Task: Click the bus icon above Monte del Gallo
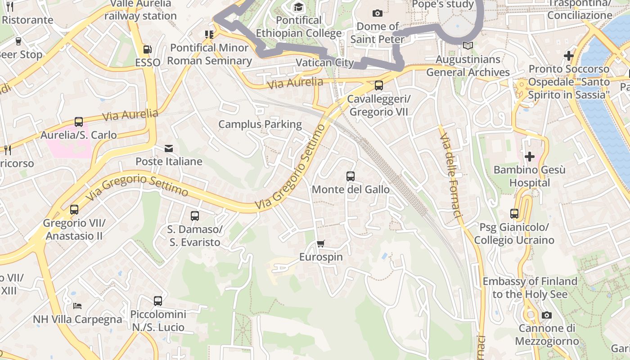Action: (x=351, y=176)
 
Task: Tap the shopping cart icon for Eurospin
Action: (x=320, y=244)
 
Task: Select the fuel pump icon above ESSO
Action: (x=147, y=49)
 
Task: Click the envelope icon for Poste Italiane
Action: (x=169, y=148)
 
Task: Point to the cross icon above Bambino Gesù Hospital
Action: (x=530, y=157)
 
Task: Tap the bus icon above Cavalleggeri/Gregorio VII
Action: (x=379, y=85)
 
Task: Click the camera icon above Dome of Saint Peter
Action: (x=378, y=13)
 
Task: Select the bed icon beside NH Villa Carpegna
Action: (x=77, y=306)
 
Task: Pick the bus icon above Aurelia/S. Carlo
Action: (x=79, y=122)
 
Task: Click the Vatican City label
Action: (x=325, y=63)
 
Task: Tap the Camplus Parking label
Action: (x=260, y=124)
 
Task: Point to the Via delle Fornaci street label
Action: (x=451, y=175)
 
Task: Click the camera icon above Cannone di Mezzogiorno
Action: (x=546, y=315)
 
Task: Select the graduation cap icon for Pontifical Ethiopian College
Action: (x=298, y=7)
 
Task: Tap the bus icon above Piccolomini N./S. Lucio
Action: (x=158, y=301)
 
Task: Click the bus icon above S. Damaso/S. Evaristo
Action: (x=195, y=216)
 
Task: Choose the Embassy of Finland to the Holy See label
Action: (x=530, y=288)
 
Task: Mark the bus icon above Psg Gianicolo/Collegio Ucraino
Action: (x=514, y=214)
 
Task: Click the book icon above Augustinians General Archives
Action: (x=468, y=46)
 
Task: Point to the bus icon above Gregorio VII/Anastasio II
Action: (x=74, y=210)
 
